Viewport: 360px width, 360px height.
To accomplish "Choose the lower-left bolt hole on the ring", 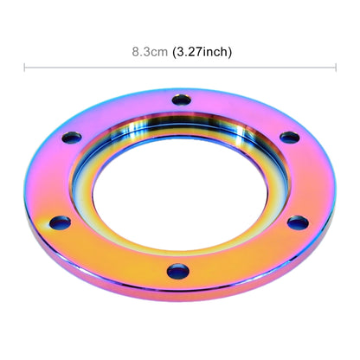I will pos(60,223).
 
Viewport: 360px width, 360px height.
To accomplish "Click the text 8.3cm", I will pos(151,52).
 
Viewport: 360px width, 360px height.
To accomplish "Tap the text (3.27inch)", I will pos(202,52).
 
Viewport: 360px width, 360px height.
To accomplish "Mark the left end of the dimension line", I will pos(24,67).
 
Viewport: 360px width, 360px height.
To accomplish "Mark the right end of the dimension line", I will pos(336,67).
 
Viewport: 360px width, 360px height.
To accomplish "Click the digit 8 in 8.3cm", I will pos(135,52).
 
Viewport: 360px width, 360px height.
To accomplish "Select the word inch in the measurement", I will pos(215,52).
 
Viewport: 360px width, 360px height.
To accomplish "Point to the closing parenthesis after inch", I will pos(229,52).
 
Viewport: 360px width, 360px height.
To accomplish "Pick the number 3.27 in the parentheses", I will pos(190,52).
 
